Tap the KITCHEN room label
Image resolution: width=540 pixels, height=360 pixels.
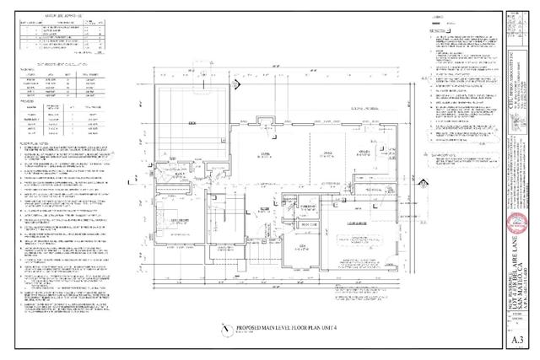click(364, 153)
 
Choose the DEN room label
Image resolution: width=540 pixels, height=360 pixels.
click(303, 246)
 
